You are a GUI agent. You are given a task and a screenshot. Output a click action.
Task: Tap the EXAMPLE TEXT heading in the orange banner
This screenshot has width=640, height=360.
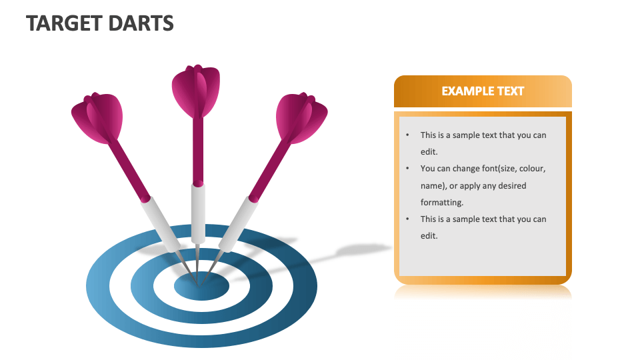[x=483, y=91]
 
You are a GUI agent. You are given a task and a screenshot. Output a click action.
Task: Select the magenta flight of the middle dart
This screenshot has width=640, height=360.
[x=195, y=91]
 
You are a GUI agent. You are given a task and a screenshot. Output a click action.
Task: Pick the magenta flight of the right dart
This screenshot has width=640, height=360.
[x=301, y=117]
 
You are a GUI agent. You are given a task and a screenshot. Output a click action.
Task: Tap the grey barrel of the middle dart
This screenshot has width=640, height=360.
[x=198, y=213]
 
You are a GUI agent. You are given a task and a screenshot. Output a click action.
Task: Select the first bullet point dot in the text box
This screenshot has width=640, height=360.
[x=407, y=135]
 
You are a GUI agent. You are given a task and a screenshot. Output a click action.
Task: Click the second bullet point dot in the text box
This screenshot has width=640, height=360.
[x=407, y=169]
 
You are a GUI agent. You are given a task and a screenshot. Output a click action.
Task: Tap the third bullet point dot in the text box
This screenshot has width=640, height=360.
[x=407, y=219]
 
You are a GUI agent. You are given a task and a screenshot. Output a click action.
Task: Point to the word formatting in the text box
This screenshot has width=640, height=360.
[x=442, y=202]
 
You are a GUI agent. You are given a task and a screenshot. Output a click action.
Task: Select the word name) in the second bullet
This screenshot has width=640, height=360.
[x=434, y=185]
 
